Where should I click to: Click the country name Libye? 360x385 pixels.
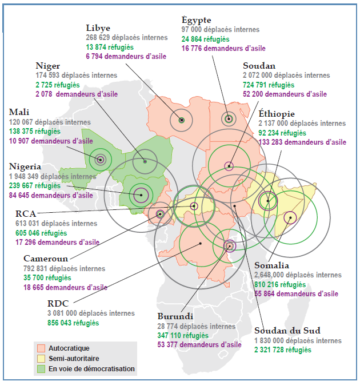coord(98,28)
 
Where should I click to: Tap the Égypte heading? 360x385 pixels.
coord(196,20)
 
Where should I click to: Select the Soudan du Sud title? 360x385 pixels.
coord(287,331)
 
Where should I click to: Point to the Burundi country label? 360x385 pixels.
coord(175,316)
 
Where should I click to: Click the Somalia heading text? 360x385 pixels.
coord(271,265)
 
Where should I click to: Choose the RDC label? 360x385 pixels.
coord(58,304)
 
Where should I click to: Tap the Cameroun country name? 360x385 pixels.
coord(46,259)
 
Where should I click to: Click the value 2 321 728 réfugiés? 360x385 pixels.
coord(283,350)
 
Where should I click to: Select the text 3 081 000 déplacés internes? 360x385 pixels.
coord(91,313)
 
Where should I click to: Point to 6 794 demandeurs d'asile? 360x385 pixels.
coord(126,57)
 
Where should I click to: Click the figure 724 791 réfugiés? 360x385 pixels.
coord(269,85)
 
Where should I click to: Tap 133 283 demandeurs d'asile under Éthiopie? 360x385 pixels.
coord(302,142)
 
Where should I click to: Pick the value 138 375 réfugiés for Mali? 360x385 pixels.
coord(35,132)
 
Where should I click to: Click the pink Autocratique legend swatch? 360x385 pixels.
coord(41,348)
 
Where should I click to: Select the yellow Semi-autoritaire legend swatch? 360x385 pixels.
coord(41,359)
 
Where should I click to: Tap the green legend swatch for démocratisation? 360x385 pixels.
coord(41,369)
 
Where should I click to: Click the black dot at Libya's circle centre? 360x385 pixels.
coord(182,120)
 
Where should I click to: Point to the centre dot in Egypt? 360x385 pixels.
coord(229,119)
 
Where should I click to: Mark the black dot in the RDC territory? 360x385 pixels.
coord(201,244)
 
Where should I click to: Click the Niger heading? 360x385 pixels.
coord(47,66)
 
